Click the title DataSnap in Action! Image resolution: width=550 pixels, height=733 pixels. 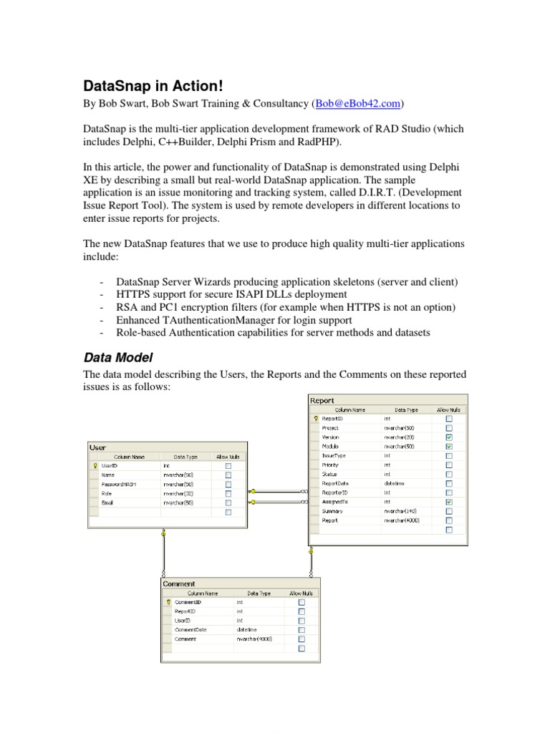(153, 87)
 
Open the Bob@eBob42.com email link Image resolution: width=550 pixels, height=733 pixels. (357, 105)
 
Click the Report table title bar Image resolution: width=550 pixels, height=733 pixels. (387, 401)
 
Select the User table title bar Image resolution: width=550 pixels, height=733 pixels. (167, 447)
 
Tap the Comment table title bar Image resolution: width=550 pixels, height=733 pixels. (241, 583)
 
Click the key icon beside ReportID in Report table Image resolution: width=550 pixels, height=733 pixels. (315, 419)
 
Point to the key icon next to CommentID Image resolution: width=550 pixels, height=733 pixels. (169, 602)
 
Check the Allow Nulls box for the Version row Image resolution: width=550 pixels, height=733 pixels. (449, 437)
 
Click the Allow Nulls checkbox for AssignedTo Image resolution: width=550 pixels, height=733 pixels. (449, 502)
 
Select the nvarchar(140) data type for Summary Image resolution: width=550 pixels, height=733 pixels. (399, 511)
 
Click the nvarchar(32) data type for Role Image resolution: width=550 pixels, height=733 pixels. (178, 493)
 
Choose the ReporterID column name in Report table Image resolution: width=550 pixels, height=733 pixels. (335, 492)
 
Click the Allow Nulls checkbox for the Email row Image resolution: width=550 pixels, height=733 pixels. (228, 503)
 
